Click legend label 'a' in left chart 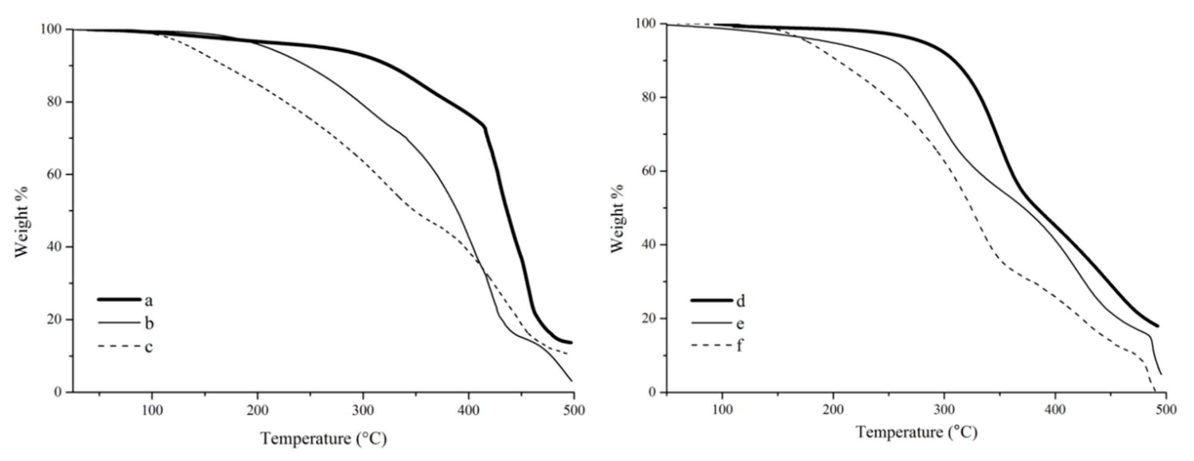148,301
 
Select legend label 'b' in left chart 149,323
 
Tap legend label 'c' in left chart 148,347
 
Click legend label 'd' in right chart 741,301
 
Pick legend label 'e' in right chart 740,323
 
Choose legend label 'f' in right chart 740,346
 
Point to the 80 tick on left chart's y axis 55,102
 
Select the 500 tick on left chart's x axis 573,410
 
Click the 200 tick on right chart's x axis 833,409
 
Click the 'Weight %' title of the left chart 21,222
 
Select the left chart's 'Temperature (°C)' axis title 323,438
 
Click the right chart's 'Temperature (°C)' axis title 916,432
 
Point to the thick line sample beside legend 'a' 119,299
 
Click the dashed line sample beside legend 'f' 711,345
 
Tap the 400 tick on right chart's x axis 1055,409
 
